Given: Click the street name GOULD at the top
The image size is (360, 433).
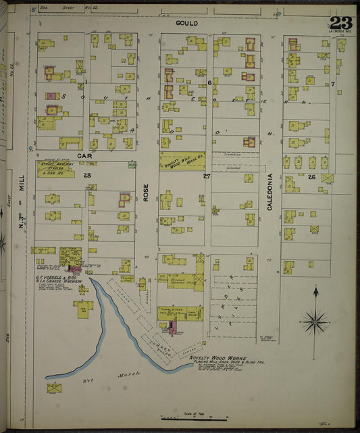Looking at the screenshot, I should click(186, 23).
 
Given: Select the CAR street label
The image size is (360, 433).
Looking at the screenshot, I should click(84, 156).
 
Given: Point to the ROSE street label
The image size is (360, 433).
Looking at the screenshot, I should click(145, 193).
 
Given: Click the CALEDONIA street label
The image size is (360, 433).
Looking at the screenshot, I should click(269, 192).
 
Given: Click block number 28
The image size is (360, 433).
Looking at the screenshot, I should click(87, 175).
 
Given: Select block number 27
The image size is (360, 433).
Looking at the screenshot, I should click(207, 176).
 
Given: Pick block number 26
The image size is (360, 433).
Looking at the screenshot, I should click(311, 177).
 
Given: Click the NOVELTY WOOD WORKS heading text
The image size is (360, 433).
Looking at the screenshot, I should click(216, 359).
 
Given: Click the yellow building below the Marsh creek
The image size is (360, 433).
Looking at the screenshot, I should click(54, 388).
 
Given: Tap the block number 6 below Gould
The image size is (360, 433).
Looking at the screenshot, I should click(209, 82).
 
